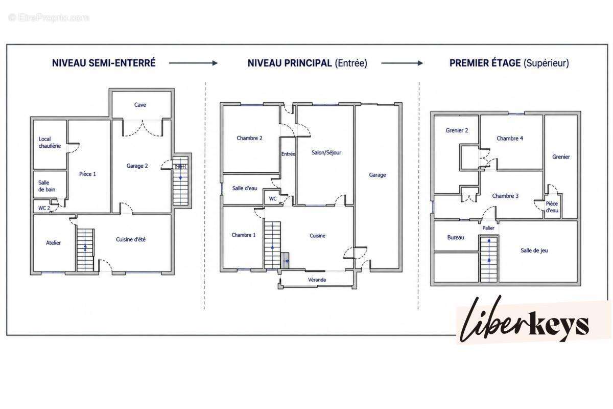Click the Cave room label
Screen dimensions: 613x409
coord(140,105)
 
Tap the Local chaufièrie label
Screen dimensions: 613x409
coord(50,143)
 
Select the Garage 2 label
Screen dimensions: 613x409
coord(137,166)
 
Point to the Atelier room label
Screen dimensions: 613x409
coord(53,243)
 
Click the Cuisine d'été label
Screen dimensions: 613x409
coord(131,239)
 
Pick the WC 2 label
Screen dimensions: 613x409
coord(44,208)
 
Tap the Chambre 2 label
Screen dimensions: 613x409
coord(249,138)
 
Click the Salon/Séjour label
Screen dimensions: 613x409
coord(326,152)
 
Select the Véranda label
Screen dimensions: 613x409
coord(317,280)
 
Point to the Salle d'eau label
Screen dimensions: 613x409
coord(245,188)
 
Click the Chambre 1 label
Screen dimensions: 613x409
coord(243,235)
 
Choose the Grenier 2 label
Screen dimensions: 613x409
coord(457,130)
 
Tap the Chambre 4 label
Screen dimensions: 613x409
coord(510,139)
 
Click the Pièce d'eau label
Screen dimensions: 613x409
coord(552,207)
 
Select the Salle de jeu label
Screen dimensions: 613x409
coord(534,251)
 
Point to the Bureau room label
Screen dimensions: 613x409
coord(456,238)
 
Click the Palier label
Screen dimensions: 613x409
coord(488,228)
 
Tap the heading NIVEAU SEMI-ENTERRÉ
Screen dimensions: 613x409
coord(104,63)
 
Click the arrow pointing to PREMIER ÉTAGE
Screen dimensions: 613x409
coord(402,63)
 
